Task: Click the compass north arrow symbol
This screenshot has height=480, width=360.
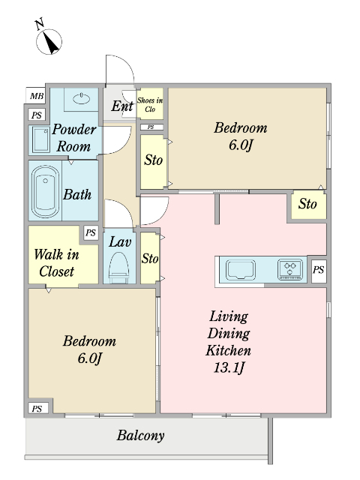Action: [x=49, y=42]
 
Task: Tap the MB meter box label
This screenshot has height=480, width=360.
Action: [x=37, y=96]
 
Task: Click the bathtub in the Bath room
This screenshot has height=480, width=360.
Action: [x=45, y=192]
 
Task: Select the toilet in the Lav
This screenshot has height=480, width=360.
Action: [x=119, y=267]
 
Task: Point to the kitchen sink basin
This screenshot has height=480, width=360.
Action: [x=241, y=270]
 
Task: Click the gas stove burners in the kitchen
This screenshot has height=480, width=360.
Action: [x=290, y=269]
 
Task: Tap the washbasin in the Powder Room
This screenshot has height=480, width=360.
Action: [x=82, y=98]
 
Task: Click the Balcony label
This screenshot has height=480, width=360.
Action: [x=140, y=435]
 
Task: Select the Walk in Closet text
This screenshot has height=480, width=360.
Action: [x=56, y=263]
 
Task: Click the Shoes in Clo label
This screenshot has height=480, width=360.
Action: [x=150, y=104]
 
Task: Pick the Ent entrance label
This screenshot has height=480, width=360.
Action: [x=121, y=106]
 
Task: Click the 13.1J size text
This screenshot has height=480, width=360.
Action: [x=228, y=367]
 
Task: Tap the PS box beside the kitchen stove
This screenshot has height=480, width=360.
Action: [x=318, y=270]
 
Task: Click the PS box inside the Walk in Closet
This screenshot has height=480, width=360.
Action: [x=91, y=233]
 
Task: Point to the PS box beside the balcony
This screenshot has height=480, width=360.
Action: [x=37, y=409]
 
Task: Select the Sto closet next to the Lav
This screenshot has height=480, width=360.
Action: [x=150, y=258]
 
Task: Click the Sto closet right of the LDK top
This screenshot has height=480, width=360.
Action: [x=308, y=204]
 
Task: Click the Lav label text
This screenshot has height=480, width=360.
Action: [x=120, y=241]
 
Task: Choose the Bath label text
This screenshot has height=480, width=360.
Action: [x=77, y=194]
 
